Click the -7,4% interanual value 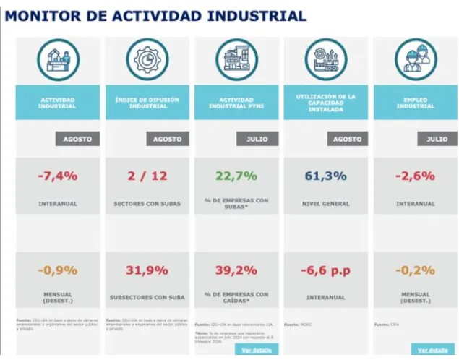pos(57,176)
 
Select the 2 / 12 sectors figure pos(147,176)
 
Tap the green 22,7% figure pos(236,176)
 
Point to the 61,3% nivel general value pos(325,176)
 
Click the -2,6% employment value pos(415,176)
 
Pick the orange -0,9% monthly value pos(57,270)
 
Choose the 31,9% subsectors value pos(147,270)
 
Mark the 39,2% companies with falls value pos(236,270)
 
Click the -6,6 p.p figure pos(325,270)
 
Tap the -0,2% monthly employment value pos(415,270)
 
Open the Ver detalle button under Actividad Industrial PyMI pos(256,350)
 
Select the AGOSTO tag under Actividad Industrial pos(77,139)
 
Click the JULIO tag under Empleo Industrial pos(437,139)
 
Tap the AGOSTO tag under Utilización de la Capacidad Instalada pos(346,139)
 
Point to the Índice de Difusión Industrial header pos(147,103)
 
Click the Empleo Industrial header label pos(415,103)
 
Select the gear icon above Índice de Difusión pos(147,59)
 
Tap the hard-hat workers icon pos(416,59)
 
